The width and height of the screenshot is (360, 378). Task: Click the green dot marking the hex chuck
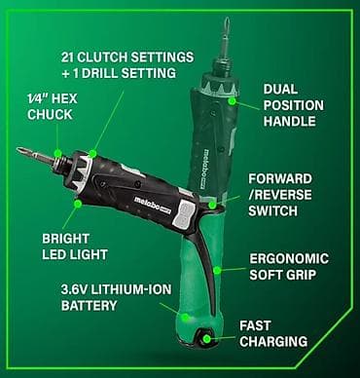(58, 153)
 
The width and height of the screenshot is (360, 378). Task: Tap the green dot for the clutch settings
(92, 153)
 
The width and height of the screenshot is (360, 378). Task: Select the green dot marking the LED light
(78, 204)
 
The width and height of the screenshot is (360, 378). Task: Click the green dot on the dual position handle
(232, 101)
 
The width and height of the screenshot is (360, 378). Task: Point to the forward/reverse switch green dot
(212, 205)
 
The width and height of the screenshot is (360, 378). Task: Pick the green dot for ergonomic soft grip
(217, 270)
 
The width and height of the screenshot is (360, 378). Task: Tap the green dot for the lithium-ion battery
(185, 317)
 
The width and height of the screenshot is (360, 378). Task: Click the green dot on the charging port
(206, 339)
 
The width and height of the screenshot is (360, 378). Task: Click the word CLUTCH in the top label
(103, 57)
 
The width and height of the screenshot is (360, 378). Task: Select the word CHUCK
(50, 115)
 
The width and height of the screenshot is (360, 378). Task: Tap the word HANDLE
(290, 121)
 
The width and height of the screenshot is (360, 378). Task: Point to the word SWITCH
(273, 210)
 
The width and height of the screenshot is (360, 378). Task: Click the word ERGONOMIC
(289, 259)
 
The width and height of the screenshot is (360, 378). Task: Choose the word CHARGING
(273, 341)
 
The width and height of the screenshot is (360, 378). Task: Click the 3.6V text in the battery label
(74, 289)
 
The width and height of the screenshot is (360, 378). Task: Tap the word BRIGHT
(66, 239)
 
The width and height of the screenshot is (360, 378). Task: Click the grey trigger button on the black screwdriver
(183, 213)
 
